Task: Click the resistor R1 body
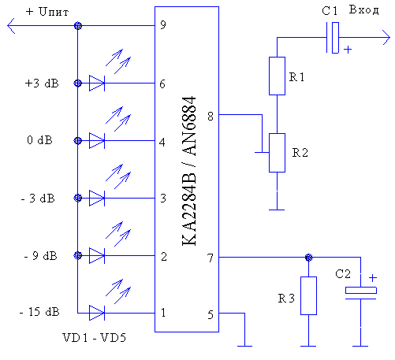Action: click(x=277, y=76)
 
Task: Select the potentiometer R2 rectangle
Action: click(x=277, y=153)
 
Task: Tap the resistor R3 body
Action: click(x=308, y=295)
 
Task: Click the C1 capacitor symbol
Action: click(x=333, y=38)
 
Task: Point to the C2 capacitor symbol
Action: click(x=361, y=293)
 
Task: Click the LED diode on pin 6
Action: click(x=97, y=84)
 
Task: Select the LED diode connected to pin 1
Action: click(x=97, y=313)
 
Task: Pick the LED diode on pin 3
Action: click(x=97, y=198)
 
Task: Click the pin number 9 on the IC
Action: click(x=163, y=25)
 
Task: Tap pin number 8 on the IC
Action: click(x=211, y=116)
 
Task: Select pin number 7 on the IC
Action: click(x=211, y=258)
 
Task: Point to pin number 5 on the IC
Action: click(x=211, y=315)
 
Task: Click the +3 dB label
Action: click(x=42, y=84)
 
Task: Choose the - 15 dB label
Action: click(x=39, y=312)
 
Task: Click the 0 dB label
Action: click(x=39, y=140)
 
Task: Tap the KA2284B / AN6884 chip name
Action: click(x=189, y=171)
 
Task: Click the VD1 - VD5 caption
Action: click(x=95, y=338)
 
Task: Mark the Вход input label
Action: click(x=364, y=10)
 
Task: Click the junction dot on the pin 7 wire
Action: click(x=308, y=258)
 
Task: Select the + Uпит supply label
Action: click(x=47, y=12)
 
